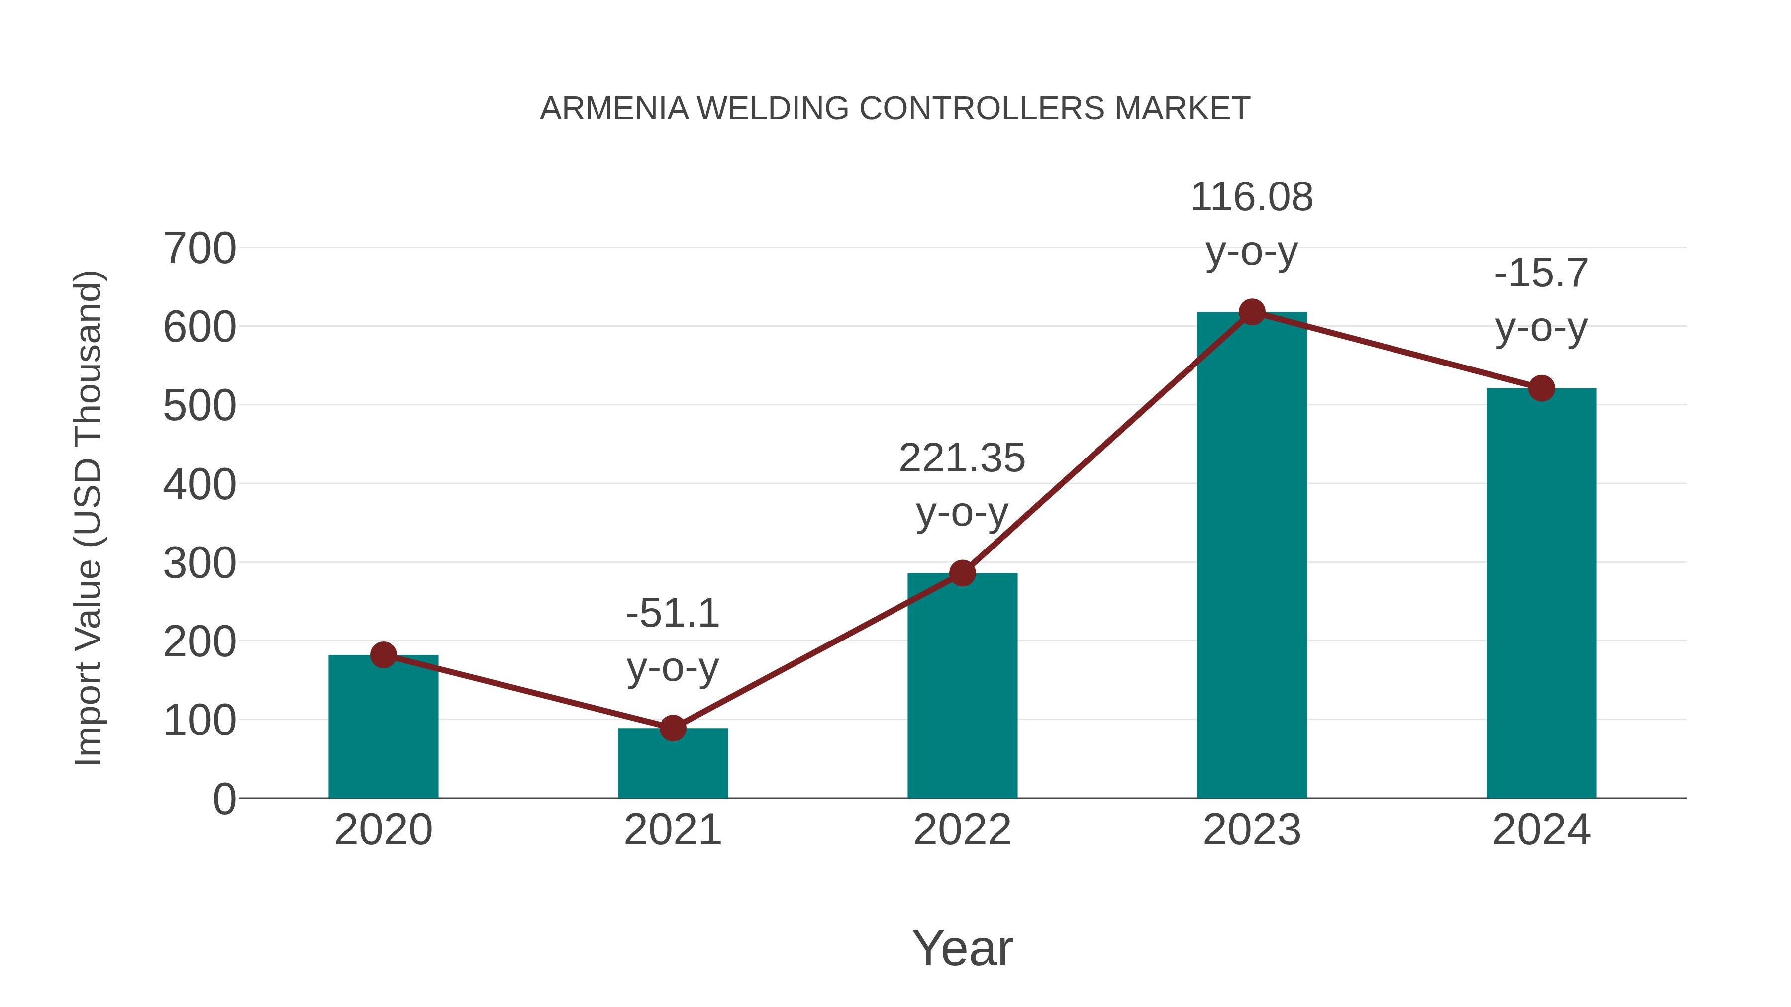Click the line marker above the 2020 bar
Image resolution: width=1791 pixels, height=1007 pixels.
point(383,654)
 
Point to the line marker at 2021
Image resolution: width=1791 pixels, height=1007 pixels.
point(672,729)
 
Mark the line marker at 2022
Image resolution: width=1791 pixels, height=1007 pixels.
point(962,573)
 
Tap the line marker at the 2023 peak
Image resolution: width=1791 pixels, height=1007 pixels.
point(1252,312)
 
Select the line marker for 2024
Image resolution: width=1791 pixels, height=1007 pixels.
point(1541,388)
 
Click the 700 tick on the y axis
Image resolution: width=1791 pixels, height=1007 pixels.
point(199,249)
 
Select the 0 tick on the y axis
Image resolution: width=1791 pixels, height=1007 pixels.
point(224,799)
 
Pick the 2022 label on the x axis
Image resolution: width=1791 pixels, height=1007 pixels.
point(962,830)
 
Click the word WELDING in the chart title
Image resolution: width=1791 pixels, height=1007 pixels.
point(773,109)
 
